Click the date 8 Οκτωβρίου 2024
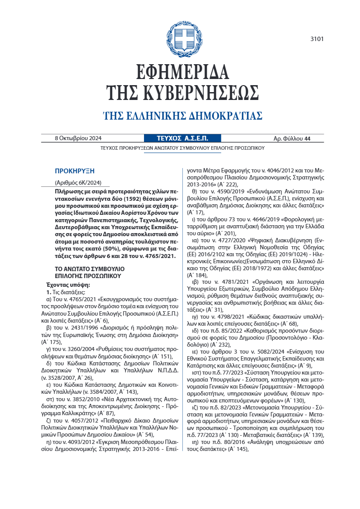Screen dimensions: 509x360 click(78, 139)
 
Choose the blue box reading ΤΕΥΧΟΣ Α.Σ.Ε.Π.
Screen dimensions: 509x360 click(182, 139)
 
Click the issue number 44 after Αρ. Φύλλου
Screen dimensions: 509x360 click(307, 139)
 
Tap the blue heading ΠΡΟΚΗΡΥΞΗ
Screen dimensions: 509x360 click(75, 171)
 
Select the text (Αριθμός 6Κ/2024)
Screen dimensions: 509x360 click(78, 183)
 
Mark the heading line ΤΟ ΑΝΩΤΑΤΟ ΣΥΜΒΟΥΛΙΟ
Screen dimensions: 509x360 click(89, 268)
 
